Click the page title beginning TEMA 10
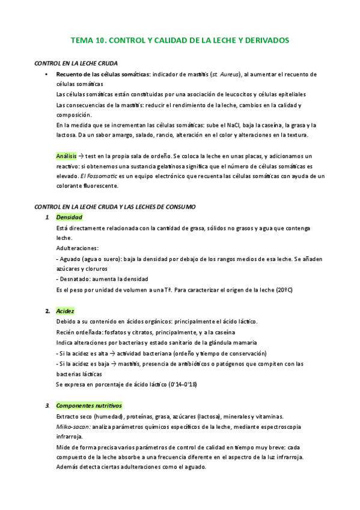point(180,40)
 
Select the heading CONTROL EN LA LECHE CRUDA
point(76,63)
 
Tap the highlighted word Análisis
point(66,155)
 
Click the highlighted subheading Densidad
point(69,217)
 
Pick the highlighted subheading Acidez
point(65,311)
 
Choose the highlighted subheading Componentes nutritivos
point(89,405)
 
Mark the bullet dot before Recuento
point(46,74)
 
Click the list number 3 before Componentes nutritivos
point(47,405)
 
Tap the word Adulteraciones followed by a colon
point(78,248)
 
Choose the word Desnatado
point(75,279)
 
